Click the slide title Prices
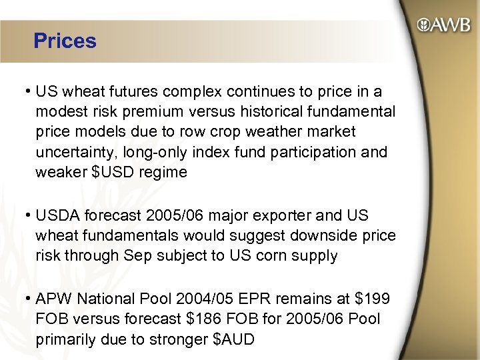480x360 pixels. click(x=65, y=41)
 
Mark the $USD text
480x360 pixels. click(x=116, y=173)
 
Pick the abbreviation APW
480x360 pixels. click(x=54, y=299)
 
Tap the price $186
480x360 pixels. click(x=205, y=319)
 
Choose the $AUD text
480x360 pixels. click(x=233, y=339)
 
